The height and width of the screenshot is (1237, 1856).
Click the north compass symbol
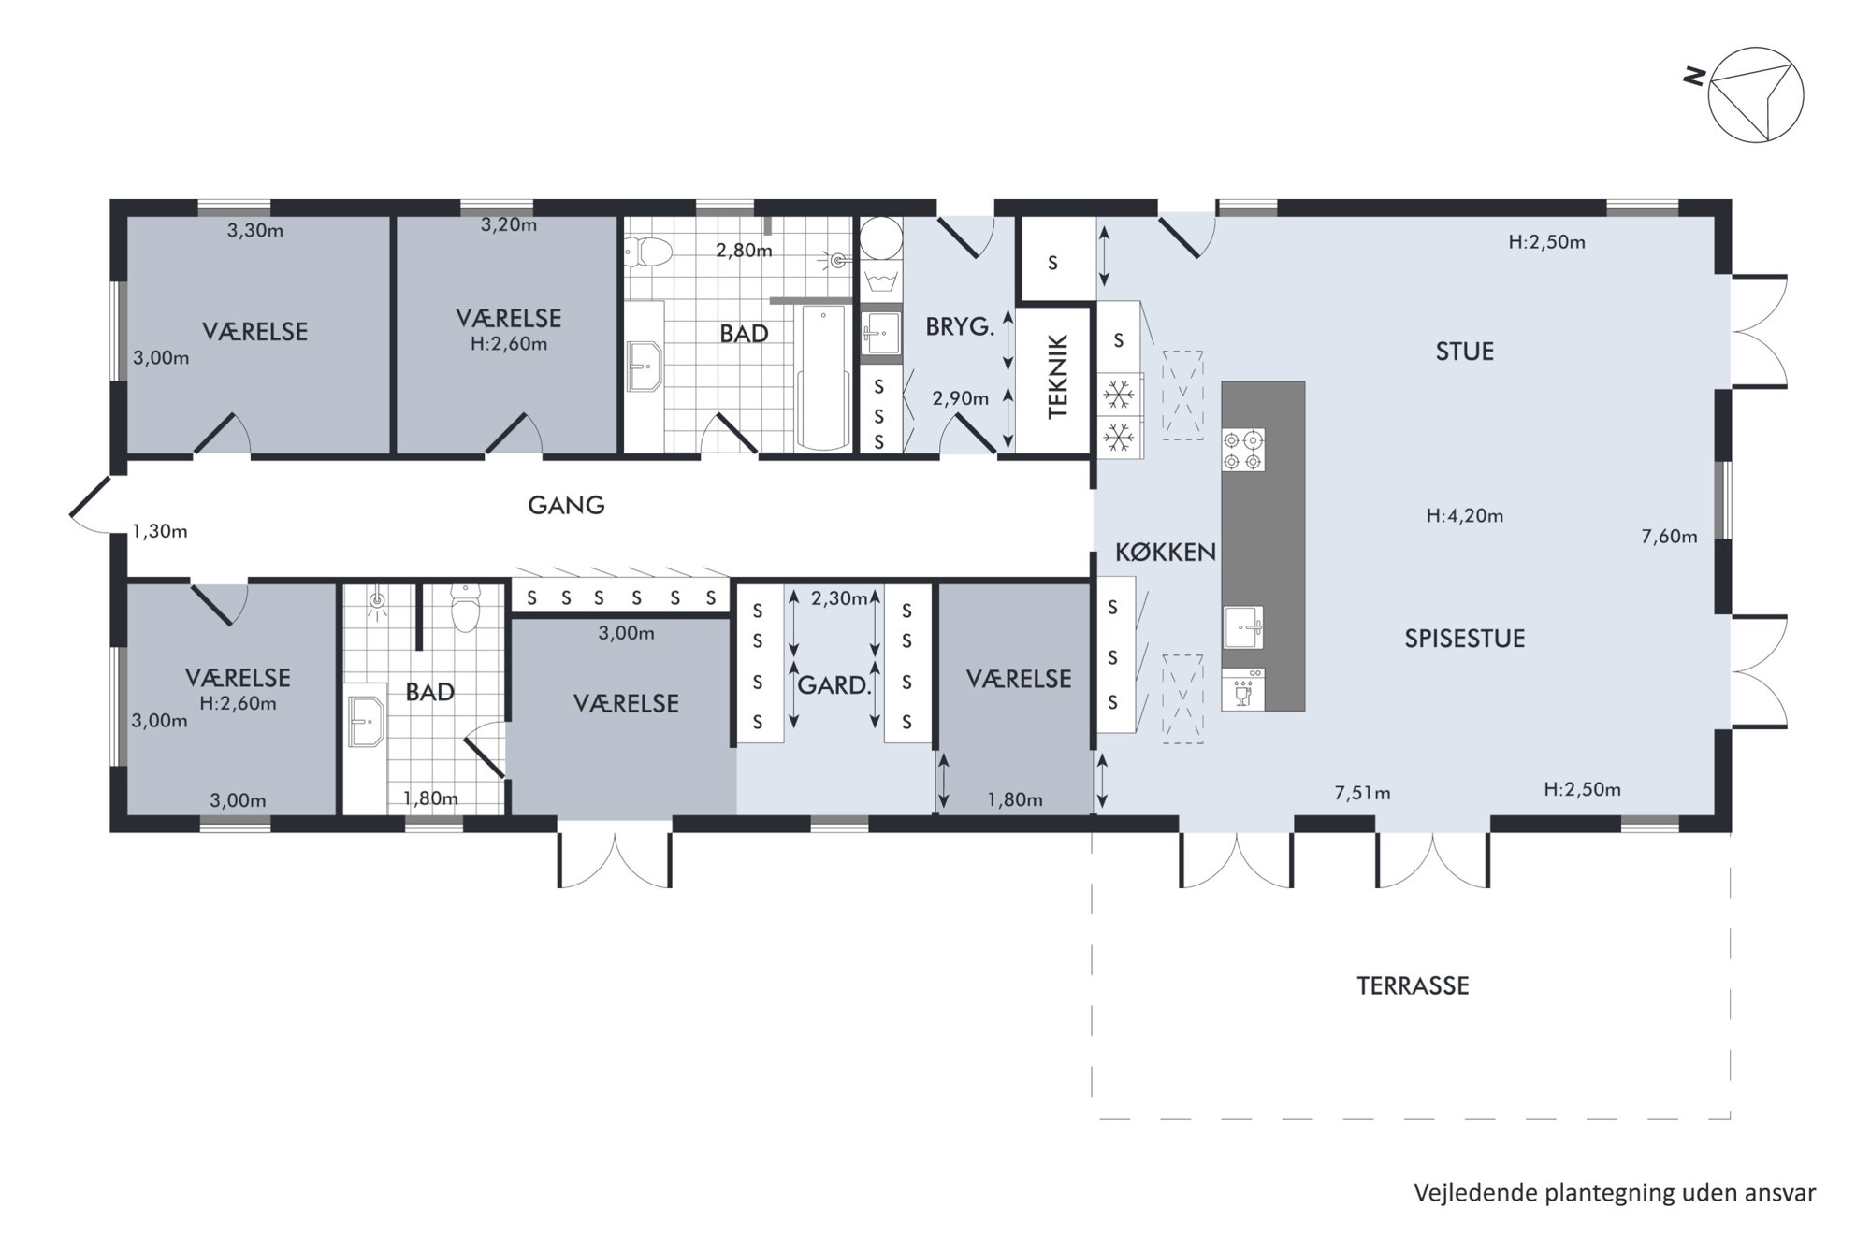pyautogui.click(x=1755, y=94)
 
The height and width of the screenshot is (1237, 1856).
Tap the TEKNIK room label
pyautogui.click(x=1057, y=378)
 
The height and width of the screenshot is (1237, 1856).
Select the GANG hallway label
pyautogui.click(x=566, y=506)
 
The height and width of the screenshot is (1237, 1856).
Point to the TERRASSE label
pyautogui.click(x=1413, y=985)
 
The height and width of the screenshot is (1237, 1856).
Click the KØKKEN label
pyautogui.click(x=1166, y=553)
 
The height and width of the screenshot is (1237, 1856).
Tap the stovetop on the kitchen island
pyautogui.click(x=1243, y=450)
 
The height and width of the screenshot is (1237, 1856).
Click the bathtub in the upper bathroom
pyautogui.click(x=823, y=377)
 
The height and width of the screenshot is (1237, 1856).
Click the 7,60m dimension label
pyautogui.click(x=1669, y=537)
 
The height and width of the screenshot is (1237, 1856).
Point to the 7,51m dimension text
pyautogui.click(x=1362, y=794)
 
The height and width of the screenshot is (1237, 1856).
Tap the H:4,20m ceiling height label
pyautogui.click(x=1465, y=515)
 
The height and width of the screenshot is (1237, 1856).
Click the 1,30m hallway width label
pyautogui.click(x=160, y=532)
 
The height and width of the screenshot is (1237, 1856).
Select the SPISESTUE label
pyautogui.click(x=1465, y=639)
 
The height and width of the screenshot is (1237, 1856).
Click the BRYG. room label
pyautogui.click(x=960, y=327)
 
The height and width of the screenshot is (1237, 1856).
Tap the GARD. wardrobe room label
pyautogui.click(x=834, y=685)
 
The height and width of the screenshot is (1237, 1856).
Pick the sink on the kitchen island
pyautogui.click(x=1243, y=626)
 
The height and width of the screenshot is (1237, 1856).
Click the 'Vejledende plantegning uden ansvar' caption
pyautogui.click(x=1615, y=1193)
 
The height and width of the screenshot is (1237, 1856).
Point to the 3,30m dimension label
pyautogui.click(x=255, y=231)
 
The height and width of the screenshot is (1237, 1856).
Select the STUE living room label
pyautogui.click(x=1465, y=352)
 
